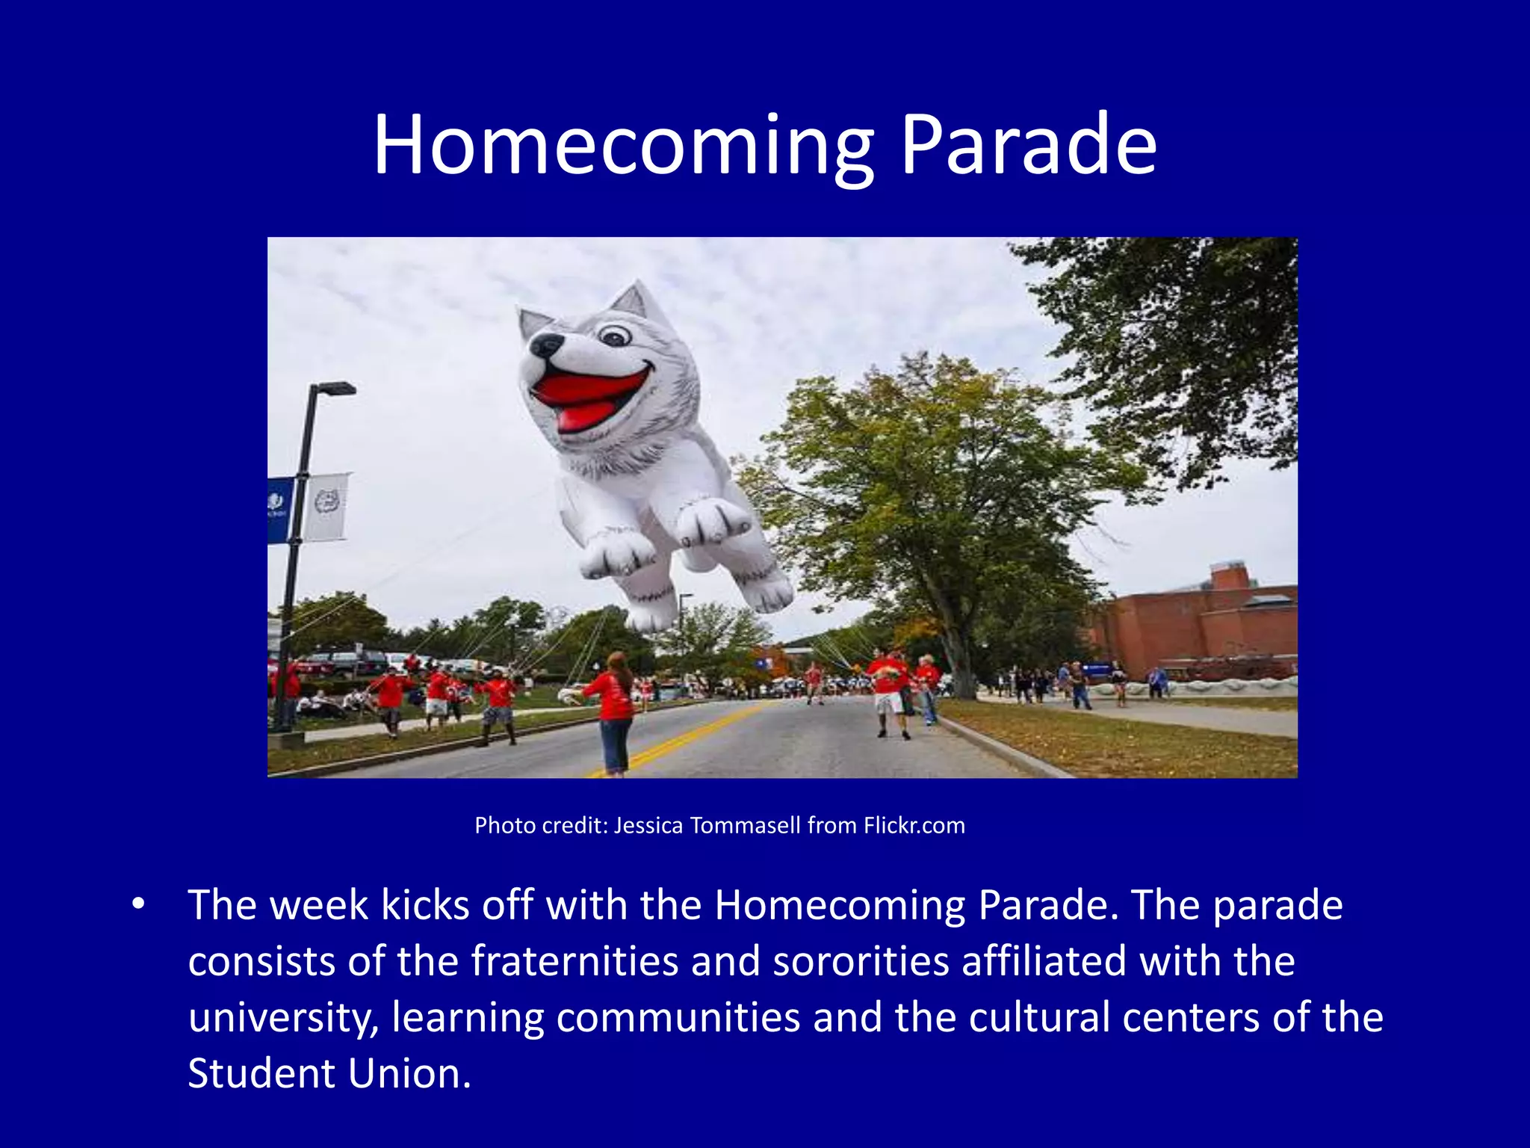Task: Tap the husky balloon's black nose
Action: coord(545,346)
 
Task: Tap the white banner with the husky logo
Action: coord(326,507)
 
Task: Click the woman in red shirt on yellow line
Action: coord(613,710)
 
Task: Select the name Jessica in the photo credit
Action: coord(648,825)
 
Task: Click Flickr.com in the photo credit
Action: coord(914,825)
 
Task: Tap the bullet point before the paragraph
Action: coord(137,904)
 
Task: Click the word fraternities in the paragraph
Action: coord(574,961)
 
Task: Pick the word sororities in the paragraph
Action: coord(861,961)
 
